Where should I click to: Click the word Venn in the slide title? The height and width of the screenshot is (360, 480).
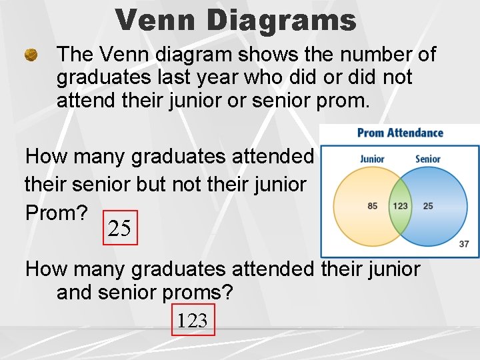click(156, 20)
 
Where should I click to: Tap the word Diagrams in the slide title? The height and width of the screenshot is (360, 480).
click(281, 20)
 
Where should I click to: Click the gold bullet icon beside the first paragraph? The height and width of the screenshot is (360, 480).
click(31, 56)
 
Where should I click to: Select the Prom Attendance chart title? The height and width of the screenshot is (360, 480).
click(400, 133)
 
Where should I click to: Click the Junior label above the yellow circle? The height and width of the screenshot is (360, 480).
click(372, 159)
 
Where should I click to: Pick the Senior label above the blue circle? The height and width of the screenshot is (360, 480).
click(427, 159)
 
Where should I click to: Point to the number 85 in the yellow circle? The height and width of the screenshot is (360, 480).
click(373, 206)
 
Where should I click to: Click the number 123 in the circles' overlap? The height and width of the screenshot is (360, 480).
click(400, 206)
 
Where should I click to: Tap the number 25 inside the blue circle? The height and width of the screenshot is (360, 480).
click(427, 206)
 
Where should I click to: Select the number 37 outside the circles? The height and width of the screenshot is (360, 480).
click(464, 244)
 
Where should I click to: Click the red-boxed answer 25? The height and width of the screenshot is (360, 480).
click(120, 229)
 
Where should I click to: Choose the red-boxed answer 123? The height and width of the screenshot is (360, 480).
click(193, 321)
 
